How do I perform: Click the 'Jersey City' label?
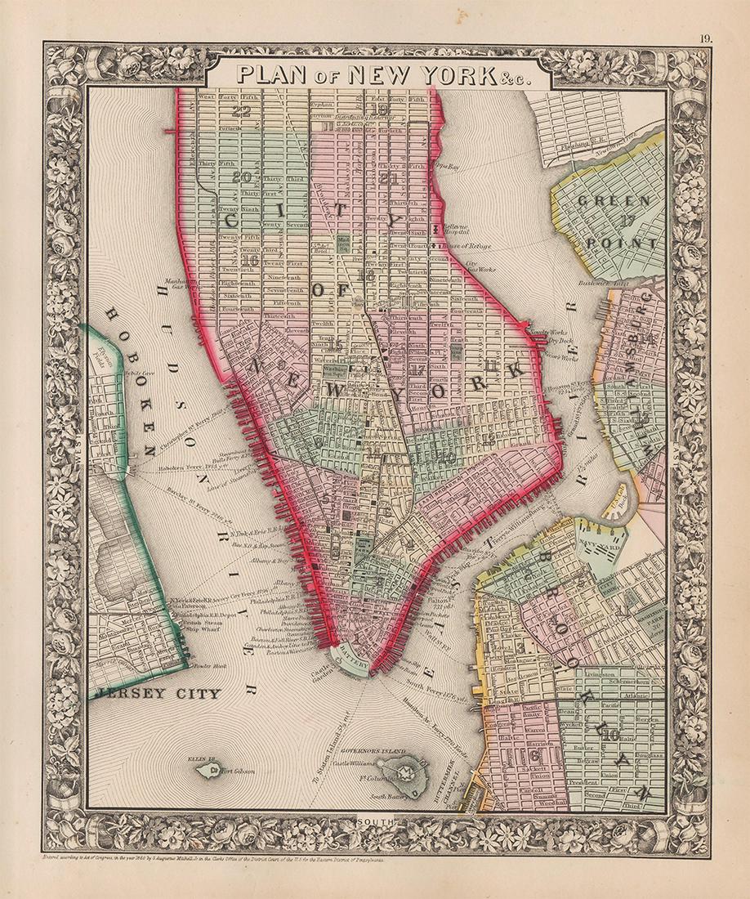(x=157, y=694)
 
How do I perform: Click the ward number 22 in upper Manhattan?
(x=240, y=113)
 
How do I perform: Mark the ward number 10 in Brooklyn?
(x=611, y=734)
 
